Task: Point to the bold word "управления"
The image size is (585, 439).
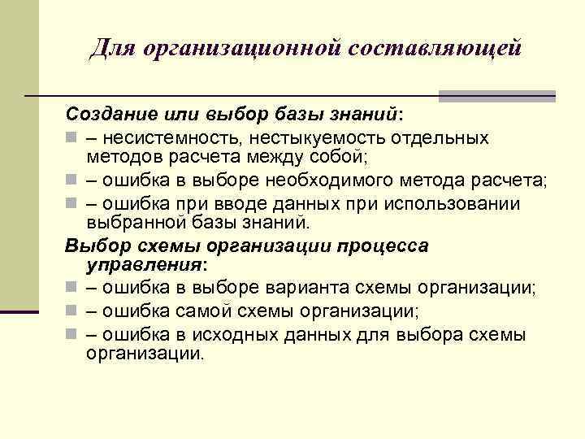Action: [x=144, y=266]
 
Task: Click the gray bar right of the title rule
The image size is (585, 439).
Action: [x=496, y=95]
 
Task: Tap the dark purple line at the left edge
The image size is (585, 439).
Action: [x=19, y=311]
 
